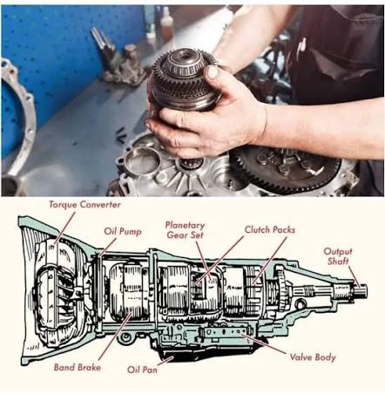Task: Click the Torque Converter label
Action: coord(84,205)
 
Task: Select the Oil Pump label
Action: coord(123,231)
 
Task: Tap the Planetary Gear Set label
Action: coord(185,230)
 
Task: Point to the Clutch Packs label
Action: coord(270,229)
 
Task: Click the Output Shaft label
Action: coord(338,256)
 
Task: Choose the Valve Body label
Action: coord(313,357)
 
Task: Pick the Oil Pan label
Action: coord(142,370)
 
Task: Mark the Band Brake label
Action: coord(78,367)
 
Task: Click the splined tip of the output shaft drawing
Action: coord(361,290)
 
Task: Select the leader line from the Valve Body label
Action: coord(264,343)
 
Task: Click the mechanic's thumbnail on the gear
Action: coord(213,72)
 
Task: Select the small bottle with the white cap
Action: coord(166,24)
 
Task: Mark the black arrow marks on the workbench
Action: coord(120,136)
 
